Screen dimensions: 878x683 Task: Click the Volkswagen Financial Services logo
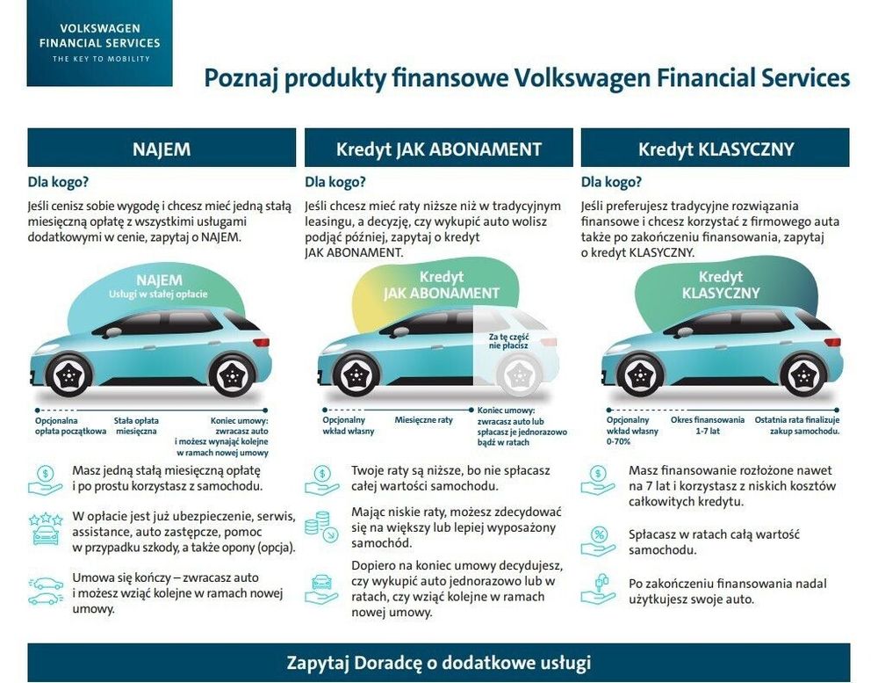point(100,43)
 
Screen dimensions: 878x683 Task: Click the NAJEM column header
point(162,148)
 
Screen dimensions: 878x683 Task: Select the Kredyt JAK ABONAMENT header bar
point(438,148)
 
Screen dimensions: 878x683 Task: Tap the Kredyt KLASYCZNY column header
point(715,148)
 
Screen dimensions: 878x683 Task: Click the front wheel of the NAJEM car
point(68,375)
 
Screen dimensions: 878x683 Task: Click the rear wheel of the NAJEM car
point(231,375)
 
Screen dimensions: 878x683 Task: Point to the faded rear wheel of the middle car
point(520,375)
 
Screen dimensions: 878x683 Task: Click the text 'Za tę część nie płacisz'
point(508,341)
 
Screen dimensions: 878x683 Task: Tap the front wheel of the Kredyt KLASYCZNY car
point(639,375)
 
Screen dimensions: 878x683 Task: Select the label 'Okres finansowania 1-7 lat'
point(708,425)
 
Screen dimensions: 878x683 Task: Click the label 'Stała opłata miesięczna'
point(136,426)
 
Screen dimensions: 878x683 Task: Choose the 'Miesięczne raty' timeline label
point(423,420)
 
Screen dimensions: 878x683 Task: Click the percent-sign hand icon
point(597,540)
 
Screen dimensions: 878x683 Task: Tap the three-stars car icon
point(46,528)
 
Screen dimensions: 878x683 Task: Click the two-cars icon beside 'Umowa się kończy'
point(46,591)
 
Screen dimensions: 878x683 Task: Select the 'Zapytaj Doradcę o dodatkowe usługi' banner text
point(438,663)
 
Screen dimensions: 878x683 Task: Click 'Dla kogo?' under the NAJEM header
point(58,182)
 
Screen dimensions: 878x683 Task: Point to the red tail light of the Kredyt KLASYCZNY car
point(832,342)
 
